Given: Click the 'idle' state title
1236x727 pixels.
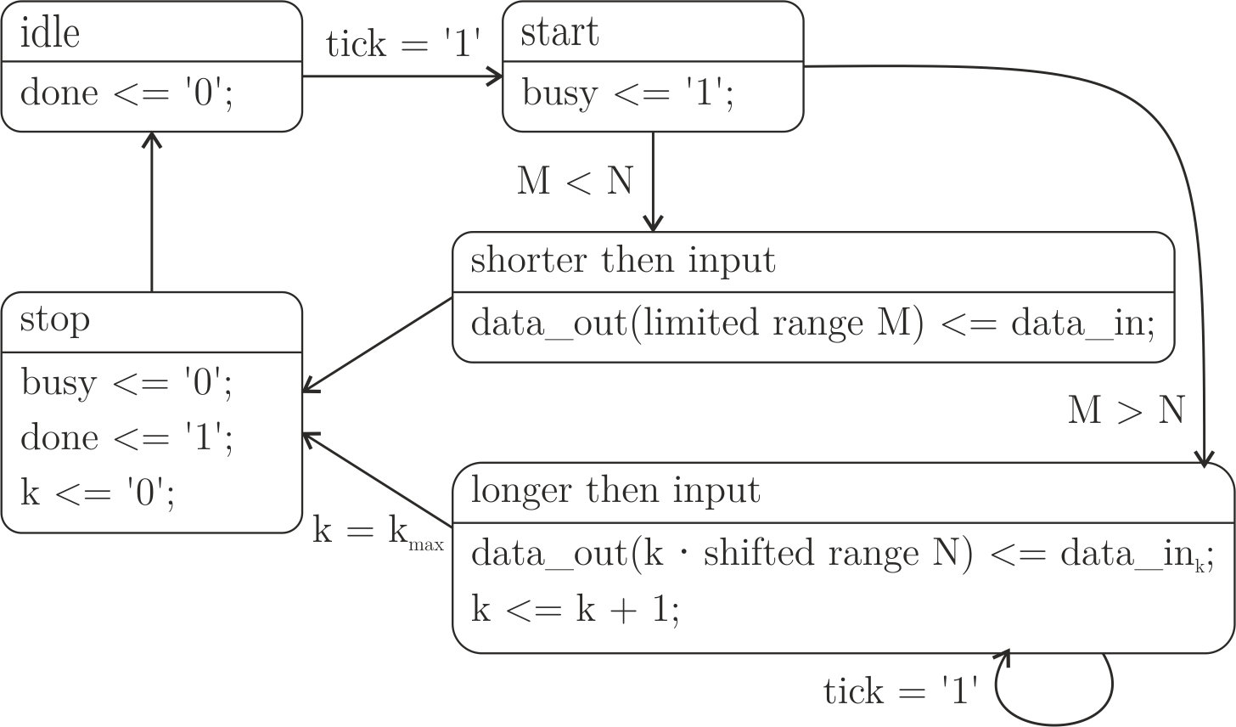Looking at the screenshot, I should pos(50,34).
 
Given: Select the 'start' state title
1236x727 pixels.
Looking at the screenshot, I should pos(559,33).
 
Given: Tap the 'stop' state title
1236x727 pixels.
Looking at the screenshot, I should pos(54,320).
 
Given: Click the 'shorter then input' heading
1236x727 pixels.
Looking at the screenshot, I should pos(622,260).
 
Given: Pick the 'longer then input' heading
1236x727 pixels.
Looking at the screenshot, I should pos(615,491).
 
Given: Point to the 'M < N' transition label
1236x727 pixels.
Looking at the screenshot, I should pos(575,181).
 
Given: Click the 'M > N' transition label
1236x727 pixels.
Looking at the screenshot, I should pos(1126,411).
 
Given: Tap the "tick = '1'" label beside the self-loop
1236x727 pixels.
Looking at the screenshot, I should pos(902,691).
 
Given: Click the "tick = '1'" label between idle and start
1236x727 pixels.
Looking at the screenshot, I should pos(404,43).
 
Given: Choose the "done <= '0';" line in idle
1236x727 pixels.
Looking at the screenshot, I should pos(126,93).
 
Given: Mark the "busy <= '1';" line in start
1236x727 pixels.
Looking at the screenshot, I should pos(628,93).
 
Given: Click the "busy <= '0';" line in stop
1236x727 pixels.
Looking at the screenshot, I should pos(126,383).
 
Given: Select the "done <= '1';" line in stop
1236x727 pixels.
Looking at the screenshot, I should pos(126,438).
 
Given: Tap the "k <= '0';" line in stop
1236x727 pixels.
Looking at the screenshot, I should pos(98,493).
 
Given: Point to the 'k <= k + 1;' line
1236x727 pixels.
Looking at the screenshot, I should pos(575,609).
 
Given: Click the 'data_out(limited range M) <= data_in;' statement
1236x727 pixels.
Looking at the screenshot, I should pos(812,324).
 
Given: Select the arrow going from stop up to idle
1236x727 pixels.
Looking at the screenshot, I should pos(151,212).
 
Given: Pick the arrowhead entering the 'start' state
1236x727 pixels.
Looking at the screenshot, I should pos(497,76).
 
